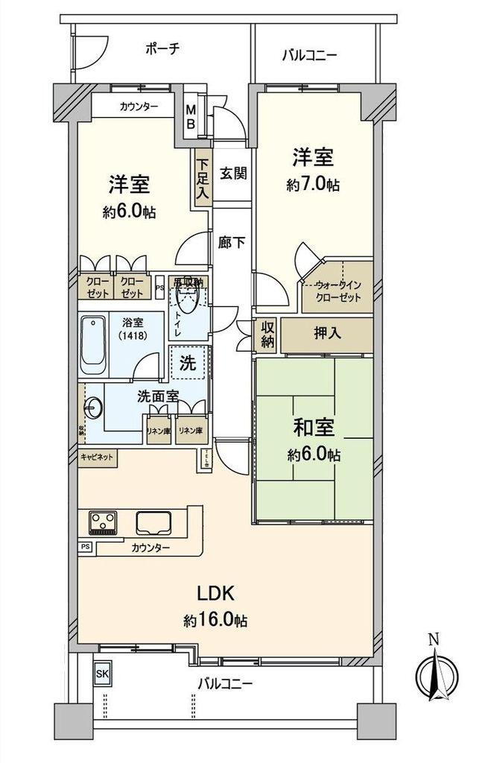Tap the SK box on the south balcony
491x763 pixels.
pyautogui.click(x=102, y=674)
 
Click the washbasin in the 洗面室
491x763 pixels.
pyautogui.click(x=92, y=408)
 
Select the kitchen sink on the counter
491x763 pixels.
pyautogui.click(x=153, y=523)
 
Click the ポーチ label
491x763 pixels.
pyautogui.click(x=162, y=49)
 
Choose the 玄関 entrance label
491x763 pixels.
pyautogui.click(x=232, y=172)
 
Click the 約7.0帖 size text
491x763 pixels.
pyautogui.click(x=313, y=185)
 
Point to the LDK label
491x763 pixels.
pyautogui.click(x=216, y=594)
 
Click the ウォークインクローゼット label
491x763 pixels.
pyautogui.click(x=338, y=291)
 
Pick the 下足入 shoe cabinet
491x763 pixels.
pyautogui.click(x=202, y=179)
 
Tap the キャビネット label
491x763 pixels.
pyautogui.click(x=97, y=457)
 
